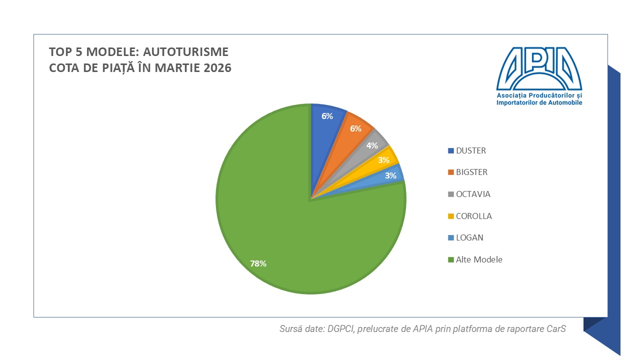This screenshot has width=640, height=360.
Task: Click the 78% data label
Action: pyautogui.click(x=258, y=263)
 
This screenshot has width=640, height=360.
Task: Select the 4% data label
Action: pyautogui.click(x=372, y=145)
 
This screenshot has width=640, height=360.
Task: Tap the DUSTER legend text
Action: pyautogui.click(x=471, y=150)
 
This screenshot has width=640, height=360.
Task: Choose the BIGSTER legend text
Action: pyautogui.click(x=471, y=172)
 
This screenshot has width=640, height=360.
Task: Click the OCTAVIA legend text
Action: pyautogui.click(x=473, y=194)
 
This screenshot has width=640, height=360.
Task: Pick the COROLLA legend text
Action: pyautogui.click(x=474, y=216)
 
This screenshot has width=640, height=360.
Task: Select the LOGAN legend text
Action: pyautogui.click(x=469, y=237)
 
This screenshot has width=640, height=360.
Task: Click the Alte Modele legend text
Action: pyautogui.click(x=479, y=259)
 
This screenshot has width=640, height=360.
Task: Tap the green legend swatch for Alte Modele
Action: pyautogui.click(x=451, y=259)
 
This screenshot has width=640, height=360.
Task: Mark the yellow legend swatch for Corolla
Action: pyautogui.click(x=451, y=216)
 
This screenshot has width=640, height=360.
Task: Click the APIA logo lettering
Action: pyautogui.click(x=539, y=68)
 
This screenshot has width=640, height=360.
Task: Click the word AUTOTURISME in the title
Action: pyautogui.click(x=185, y=52)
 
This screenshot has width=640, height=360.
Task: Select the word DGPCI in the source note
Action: pyautogui.click(x=341, y=329)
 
